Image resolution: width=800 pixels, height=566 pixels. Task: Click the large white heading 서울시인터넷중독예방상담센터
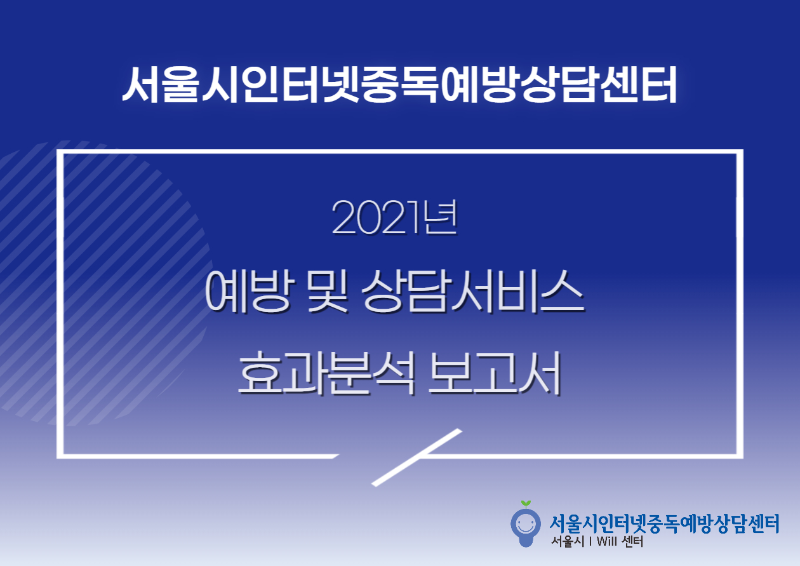[x=399, y=84]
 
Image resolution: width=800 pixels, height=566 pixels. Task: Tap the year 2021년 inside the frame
[x=394, y=218]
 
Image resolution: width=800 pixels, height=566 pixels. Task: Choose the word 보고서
[x=495, y=374]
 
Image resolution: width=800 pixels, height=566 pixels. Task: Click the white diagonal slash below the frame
[x=417, y=457]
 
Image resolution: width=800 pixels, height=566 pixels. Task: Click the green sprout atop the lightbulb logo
[x=526, y=504]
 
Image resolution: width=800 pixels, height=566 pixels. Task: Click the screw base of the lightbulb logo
[x=526, y=542]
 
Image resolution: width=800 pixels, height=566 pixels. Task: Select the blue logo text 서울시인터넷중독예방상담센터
[x=664, y=524]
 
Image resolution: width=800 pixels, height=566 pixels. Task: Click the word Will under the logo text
[x=606, y=541]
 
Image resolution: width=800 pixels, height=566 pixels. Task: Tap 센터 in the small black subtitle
[x=632, y=541]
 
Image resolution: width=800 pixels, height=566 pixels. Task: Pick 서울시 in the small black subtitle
[x=568, y=541]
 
